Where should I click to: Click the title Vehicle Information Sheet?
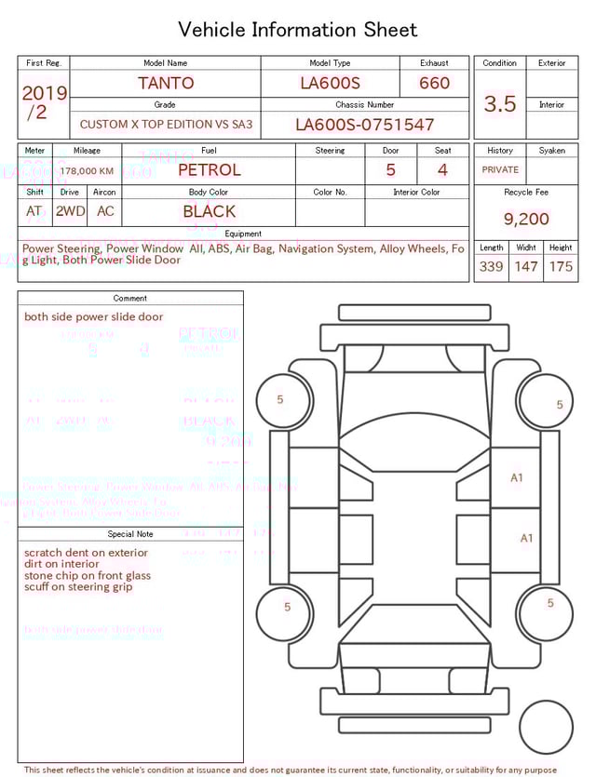(x=298, y=30)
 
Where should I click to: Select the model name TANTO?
(x=166, y=83)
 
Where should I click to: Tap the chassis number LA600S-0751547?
(x=364, y=125)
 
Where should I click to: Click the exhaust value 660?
(x=434, y=83)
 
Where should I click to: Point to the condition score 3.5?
(x=500, y=104)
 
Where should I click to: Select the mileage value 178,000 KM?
(x=87, y=171)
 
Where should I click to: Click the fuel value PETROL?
(x=209, y=170)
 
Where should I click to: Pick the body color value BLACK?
(x=209, y=211)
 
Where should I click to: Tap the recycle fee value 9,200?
(x=526, y=220)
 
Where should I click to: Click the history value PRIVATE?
(x=500, y=170)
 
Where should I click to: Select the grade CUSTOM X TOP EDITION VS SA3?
(x=166, y=124)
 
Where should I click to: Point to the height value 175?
(x=561, y=267)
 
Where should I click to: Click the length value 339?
(x=491, y=267)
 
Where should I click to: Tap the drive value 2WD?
(x=70, y=211)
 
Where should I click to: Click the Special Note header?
(x=130, y=534)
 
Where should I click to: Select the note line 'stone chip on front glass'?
(x=88, y=576)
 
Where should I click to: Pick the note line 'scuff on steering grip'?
(x=78, y=587)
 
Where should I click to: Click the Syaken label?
(x=551, y=150)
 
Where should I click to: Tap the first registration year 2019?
(x=44, y=93)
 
